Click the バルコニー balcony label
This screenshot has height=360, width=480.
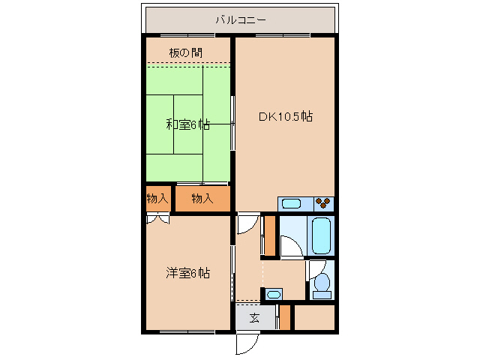(x=240, y=20)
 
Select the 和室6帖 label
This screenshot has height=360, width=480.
(x=187, y=124)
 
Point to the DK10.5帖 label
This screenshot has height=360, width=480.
(x=286, y=117)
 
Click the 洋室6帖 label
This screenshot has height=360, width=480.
(x=187, y=273)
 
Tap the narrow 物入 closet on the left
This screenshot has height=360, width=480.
(x=157, y=199)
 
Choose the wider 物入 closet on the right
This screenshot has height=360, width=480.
(x=202, y=199)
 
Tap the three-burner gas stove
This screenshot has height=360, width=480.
(x=323, y=203)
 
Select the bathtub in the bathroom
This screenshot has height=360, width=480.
(x=321, y=235)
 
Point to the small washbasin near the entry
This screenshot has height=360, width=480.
(x=274, y=294)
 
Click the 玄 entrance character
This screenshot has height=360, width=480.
(x=254, y=318)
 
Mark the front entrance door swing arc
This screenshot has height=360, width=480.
(x=246, y=343)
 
